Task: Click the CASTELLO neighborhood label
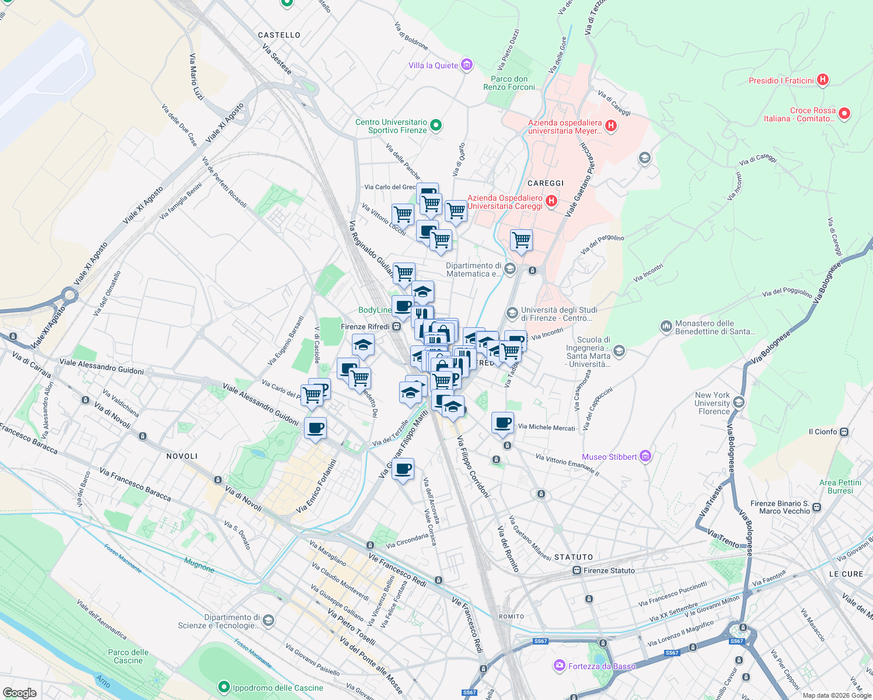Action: (x=279, y=35)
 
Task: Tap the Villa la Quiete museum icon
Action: (x=466, y=65)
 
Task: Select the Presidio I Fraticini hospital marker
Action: (x=822, y=80)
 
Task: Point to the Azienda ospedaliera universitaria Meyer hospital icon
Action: (x=611, y=125)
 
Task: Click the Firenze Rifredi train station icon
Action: (x=396, y=327)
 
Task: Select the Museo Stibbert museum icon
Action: (x=645, y=456)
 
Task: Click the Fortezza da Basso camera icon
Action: (x=560, y=666)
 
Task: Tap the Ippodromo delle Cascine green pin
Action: (x=224, y=687)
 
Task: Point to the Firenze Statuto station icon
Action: (x=577, y=570)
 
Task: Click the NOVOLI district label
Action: (x=182, y=456)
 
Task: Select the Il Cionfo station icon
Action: (x=844, y=432)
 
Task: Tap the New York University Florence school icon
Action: (x=738, y=402)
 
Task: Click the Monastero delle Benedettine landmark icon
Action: (x=666, y=327)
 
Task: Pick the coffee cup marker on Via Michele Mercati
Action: (x=502, y=423)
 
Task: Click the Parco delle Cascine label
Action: (x=128, y=656)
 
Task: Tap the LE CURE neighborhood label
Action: (x=846, y=574)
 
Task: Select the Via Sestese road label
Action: (x=277, y=59)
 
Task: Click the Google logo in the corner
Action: (x=20, y=692)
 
